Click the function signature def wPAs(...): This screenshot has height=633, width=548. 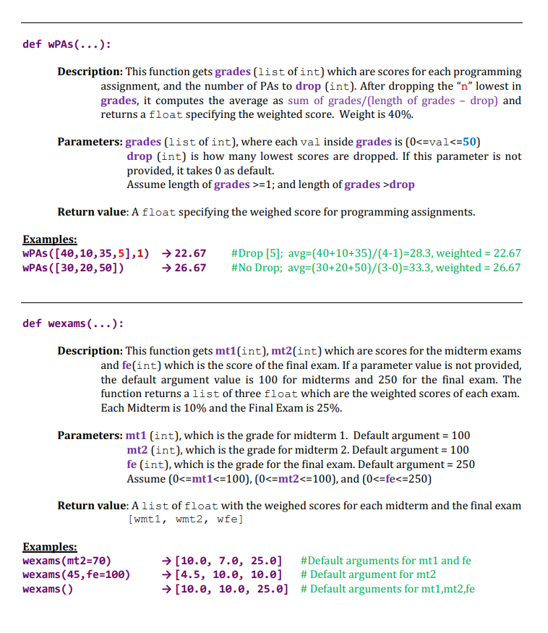coord(67,44)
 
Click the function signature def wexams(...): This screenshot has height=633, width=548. coord(72,323)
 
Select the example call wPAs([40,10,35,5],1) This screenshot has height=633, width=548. coord(86,253)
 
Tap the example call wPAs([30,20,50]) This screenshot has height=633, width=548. coord(73,268)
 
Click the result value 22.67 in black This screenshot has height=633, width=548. coord(190,253)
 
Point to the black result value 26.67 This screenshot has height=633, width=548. coord(190,268)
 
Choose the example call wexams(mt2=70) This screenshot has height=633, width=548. coord(67,561)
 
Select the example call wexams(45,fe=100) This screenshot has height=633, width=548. coord(77,575)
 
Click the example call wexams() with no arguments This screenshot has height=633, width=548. coord(48,590)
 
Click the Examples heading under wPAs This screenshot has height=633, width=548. coord(50,239)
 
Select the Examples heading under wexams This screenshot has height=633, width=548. coord(50,547)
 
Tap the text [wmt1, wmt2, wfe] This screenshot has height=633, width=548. coord(184,520)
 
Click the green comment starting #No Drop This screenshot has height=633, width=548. coord(375,268)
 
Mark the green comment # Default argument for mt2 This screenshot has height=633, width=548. coord(368,575)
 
